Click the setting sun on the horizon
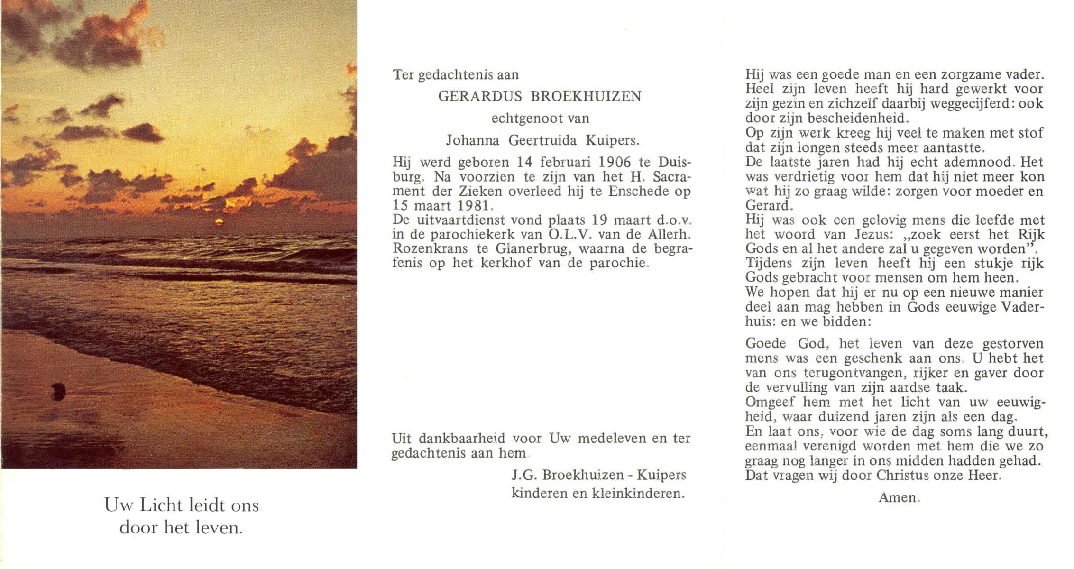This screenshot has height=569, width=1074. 220,222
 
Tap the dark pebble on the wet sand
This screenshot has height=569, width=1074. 58,391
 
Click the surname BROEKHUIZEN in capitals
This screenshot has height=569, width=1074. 586,97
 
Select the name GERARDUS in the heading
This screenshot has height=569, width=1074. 480,97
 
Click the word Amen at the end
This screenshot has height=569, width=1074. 899,497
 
